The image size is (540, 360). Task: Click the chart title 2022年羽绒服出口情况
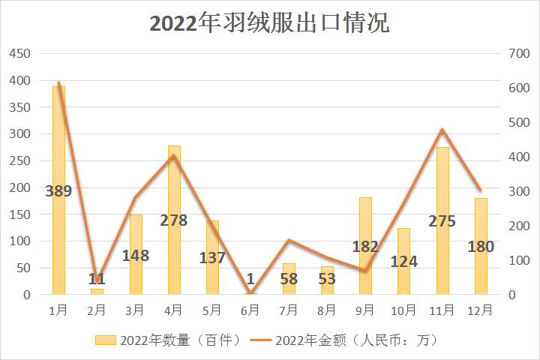pos(269,23)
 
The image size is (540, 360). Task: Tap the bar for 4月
pos(174,255)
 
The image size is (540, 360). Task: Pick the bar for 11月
pos(442,255)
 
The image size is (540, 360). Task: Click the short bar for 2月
pos(97,291)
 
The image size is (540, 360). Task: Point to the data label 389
pos(58,191)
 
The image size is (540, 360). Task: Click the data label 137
pos(212,258)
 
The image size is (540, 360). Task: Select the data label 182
pos(365,247)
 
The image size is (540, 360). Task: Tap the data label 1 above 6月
pos(250,279)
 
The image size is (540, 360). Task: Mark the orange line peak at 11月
pos(442,130)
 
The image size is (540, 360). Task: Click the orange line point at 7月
pos(289,240)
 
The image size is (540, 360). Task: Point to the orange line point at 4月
pos(174,155)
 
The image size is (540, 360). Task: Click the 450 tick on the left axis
pos(19,54)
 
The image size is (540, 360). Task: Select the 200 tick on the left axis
pos(19,187)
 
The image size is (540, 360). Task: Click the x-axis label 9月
pos(365,309)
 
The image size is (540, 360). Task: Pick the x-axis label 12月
pos(481,309)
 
